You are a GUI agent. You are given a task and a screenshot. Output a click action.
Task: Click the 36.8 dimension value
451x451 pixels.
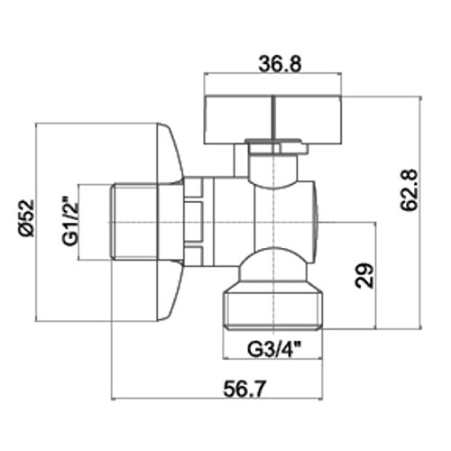click(280, 63)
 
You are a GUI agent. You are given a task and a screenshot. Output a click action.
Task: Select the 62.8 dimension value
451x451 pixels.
click(410, 189)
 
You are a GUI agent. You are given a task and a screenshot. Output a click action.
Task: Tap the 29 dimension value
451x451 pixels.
click(364, 276)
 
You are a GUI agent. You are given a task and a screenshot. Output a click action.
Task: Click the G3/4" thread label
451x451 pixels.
click(274, 349)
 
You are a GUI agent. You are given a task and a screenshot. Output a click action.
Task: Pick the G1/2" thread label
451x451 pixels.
click(70, 221)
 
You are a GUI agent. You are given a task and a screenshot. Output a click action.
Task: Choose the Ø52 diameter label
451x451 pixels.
click(26, 218)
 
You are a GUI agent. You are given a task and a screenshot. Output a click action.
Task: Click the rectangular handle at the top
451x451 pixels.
click(272, 119)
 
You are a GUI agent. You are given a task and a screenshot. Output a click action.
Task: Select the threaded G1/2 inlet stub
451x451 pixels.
click(133, 222)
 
